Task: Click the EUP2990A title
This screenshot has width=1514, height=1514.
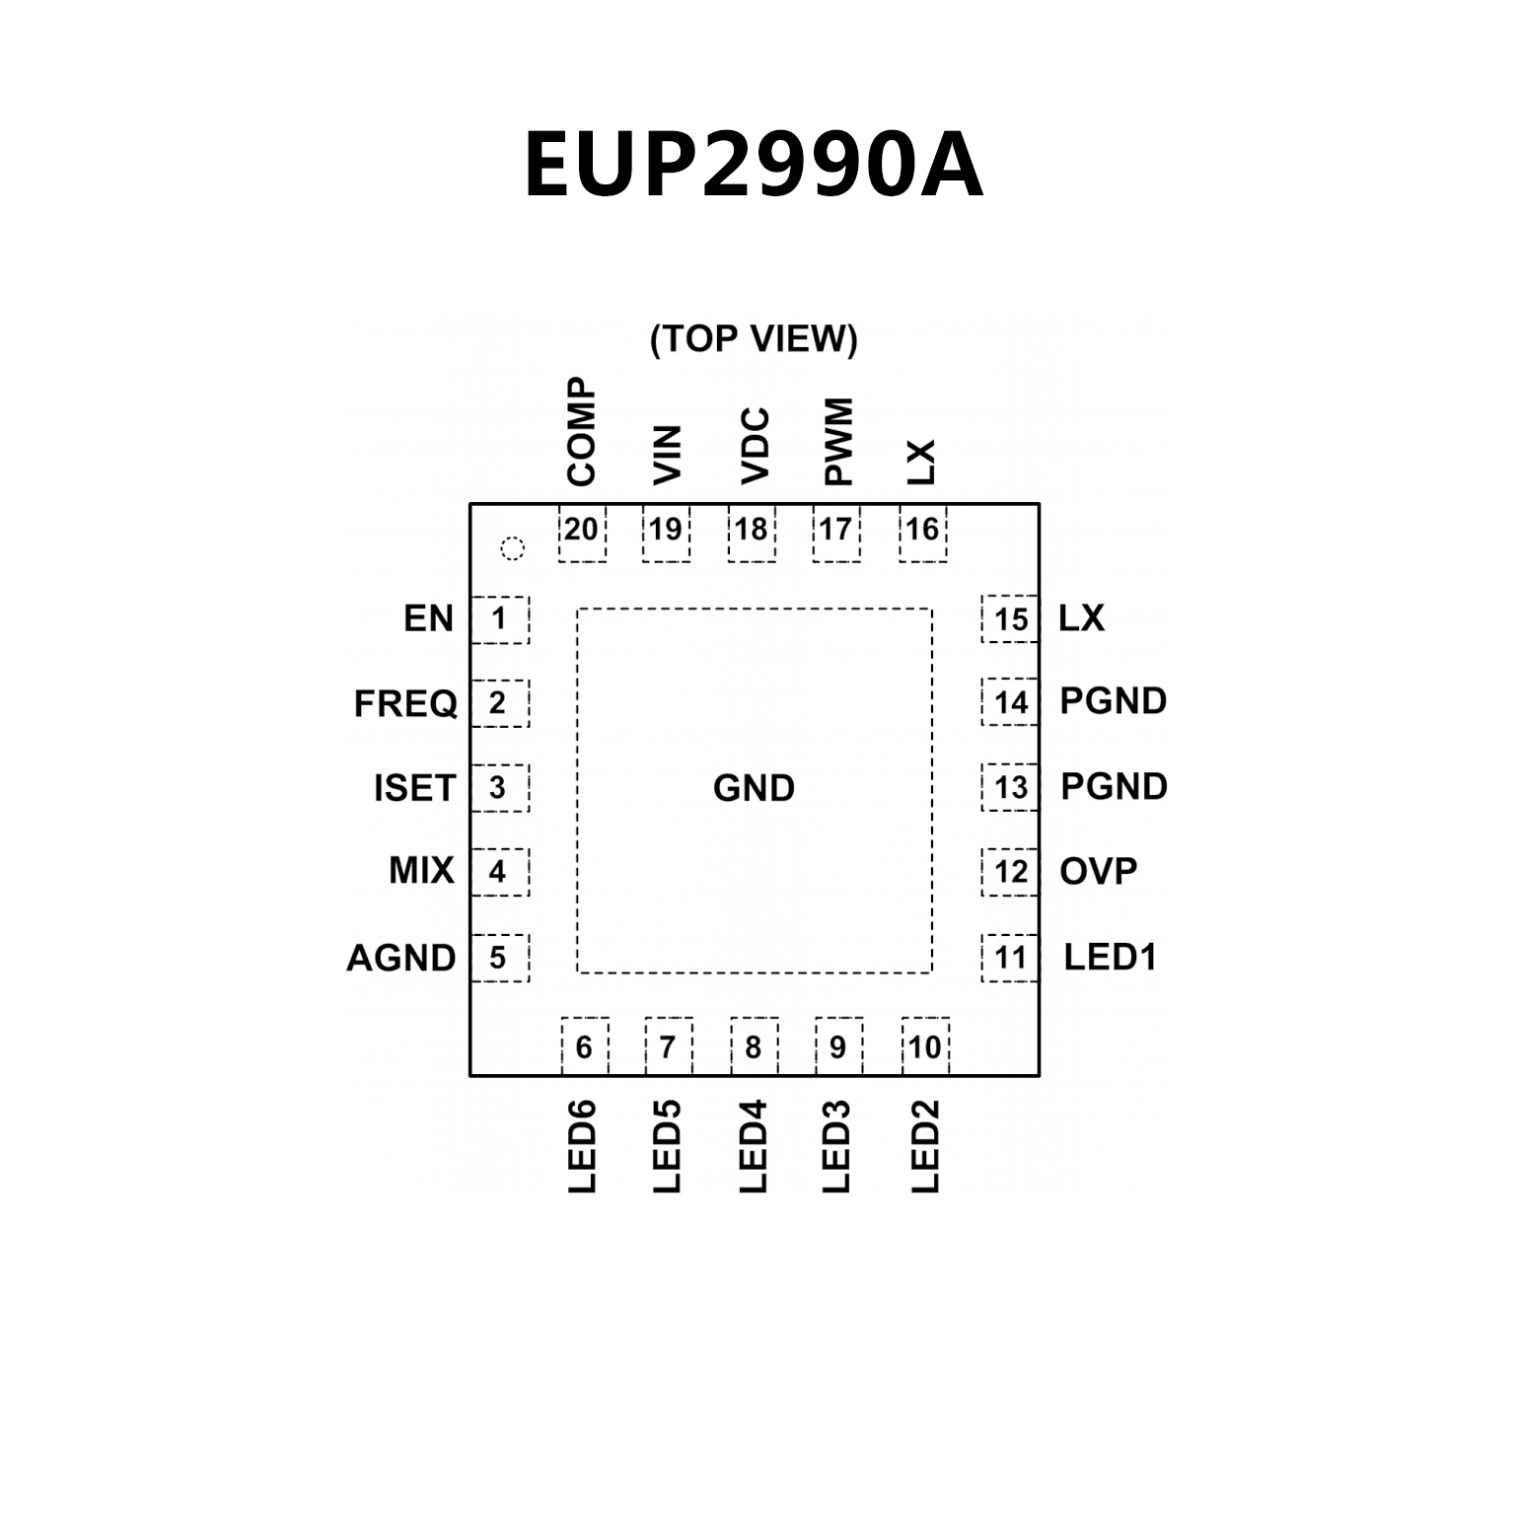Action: pyautogui.click(x=754, y=166)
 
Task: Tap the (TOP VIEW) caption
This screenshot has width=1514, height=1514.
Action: pyautogui.click(x=754, y=338)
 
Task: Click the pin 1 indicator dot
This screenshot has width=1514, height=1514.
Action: pyautogui.click(x=512, y=548)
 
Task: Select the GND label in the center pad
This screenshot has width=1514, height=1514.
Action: pyautogui.click(x=754, y=788)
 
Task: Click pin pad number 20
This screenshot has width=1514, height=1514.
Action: pyautogui.click(x=581, y=532)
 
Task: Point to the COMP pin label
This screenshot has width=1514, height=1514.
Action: pyautogui.click(x=582, y=432)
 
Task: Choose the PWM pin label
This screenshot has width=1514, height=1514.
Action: pyautogui.click(x=837, y=442)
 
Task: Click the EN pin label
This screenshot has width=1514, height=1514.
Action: pyautogui.click(x=428, y=618)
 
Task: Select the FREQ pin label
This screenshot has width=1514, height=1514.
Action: pyautogui.click(x=405, y=704)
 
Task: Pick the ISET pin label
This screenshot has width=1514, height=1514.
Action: pyautogui.click(x=414, y=788)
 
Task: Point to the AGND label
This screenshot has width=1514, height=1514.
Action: pyautogui.click(x=400, y=958)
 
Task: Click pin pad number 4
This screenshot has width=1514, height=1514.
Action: pyautogui.click(x=499, y=872)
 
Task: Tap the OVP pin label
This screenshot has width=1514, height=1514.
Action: pyautogui.click(x=1098, y=872)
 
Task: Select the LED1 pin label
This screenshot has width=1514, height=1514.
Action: pyautogui.click(x=1110, y=957)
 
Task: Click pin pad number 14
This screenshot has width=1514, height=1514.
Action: pyautogui.click(x=1011, y=703)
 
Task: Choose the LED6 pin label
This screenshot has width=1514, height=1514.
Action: pyautogui.click(x=583, y=1146)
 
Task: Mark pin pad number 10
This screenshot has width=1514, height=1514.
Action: pyautogui.click(x=925, y=1046)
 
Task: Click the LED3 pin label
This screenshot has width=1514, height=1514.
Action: pyautogui.click(x=836, y=1146)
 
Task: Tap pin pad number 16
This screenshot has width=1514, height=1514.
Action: pyautogui.click(x=922, y=532)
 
